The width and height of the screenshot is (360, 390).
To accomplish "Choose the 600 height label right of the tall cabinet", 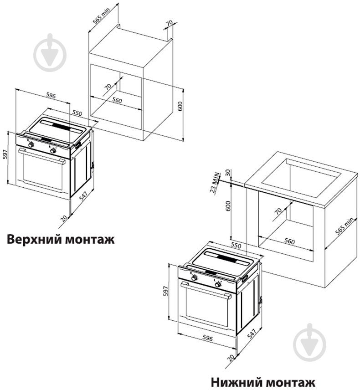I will tap(180, 107).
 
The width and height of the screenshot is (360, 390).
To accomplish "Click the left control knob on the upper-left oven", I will tap(31, 144).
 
